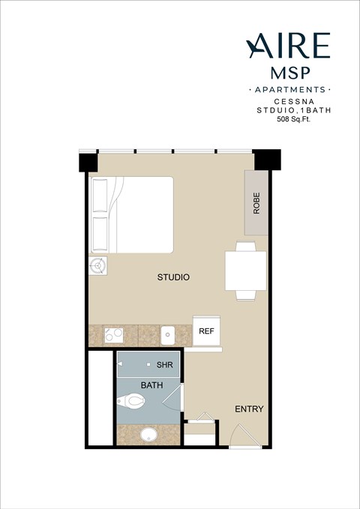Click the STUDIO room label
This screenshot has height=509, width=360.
tap(173, 277)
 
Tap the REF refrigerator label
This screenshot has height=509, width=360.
tap(206, 331)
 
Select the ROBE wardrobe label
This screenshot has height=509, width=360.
tap(256, 203)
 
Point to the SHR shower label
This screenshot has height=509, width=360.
tap(165, 366)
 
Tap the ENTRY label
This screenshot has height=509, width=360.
tap(248, 409)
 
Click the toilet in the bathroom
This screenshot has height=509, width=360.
tap(132, 403)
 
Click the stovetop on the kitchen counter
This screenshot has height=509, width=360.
tap(114, 334)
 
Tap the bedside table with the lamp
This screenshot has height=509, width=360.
tap(97, 266)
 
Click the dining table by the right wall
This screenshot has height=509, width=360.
tap(245, 271)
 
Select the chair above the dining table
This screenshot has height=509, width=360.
tap(245, 245)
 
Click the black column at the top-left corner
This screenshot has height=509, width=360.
tap(88, 162)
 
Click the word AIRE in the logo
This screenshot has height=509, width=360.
tap(288, 46)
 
